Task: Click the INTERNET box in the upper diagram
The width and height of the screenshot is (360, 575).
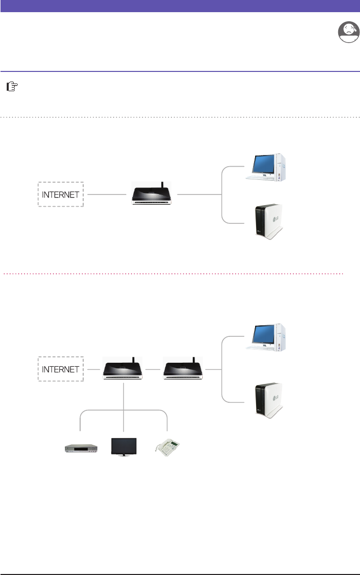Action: [x=61, y=194]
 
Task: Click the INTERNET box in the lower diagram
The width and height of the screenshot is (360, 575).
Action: [x=61, y=369]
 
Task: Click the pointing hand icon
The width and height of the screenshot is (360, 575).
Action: [x=11, y=87]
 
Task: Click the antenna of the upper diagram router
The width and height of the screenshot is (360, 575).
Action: [x=161, y=185]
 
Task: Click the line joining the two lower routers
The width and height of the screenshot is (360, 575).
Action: [x=154, y=370]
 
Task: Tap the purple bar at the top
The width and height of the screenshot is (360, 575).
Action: [x=180, y=5]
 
